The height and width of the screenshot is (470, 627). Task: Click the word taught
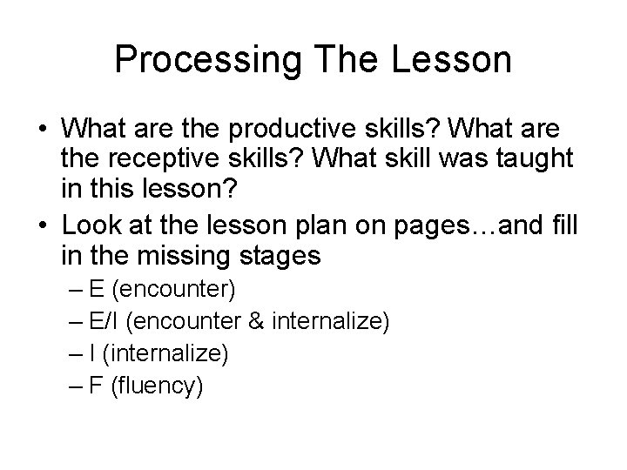pyautogui.click(x=523, y=159)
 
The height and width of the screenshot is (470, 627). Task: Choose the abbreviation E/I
pyautogui.click(x=104, y=321)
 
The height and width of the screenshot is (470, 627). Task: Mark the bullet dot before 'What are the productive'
pyautogui.click(x=40, y=130)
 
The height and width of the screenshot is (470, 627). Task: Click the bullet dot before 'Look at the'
pyautogui.click(x=40, y=226)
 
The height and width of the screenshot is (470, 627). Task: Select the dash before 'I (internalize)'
pyautogui.click(x=75, y=353)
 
